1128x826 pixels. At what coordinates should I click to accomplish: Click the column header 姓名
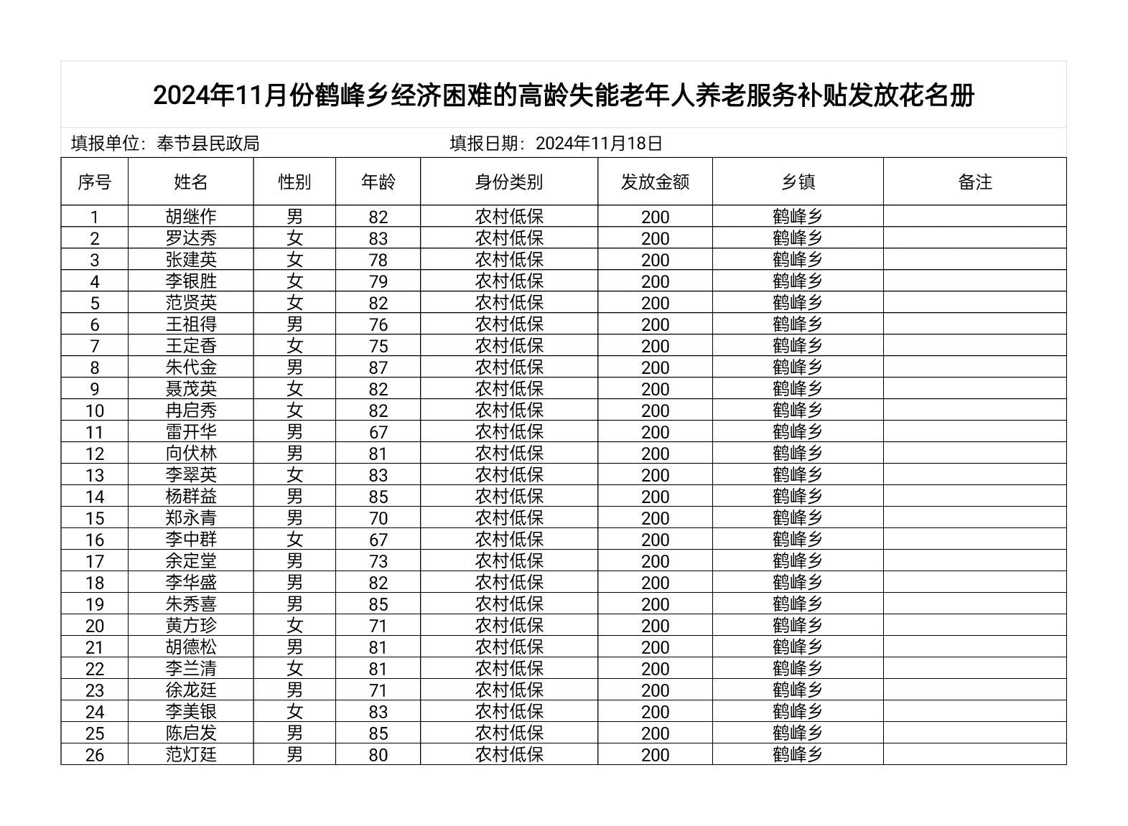coord(191,182)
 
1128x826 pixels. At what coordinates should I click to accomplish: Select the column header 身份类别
coord(508,182)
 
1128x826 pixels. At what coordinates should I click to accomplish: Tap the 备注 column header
coord(974,182)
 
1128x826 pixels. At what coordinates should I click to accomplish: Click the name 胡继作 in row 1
coord(191,217)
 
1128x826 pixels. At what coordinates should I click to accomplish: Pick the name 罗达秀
coord(191,238)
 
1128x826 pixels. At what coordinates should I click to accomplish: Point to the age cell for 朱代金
coord(378,367)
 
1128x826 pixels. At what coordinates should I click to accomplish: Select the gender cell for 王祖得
coord(294,324)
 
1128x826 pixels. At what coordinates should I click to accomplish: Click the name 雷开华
coord(191,432)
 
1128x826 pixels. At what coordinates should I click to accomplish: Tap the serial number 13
coord(95,475)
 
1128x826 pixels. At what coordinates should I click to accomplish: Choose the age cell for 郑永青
coord(378,518)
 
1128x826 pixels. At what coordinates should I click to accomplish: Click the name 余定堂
coord(191,561)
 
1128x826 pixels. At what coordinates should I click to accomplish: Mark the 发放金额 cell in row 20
coord(655,626)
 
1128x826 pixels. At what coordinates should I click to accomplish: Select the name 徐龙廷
coord(191,690)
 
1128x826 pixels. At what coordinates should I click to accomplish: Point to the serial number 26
coord(95,755)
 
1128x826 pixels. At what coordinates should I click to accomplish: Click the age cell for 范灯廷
coord(378,755)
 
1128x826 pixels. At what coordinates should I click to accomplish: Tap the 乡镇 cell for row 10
coord(798,410)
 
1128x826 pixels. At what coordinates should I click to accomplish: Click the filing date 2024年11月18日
coord(599,144)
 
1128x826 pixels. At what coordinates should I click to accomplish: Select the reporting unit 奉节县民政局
coord(208,144)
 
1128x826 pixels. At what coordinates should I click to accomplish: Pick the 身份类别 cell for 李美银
coord(508,712)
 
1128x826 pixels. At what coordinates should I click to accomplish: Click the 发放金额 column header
coord(655,182)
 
